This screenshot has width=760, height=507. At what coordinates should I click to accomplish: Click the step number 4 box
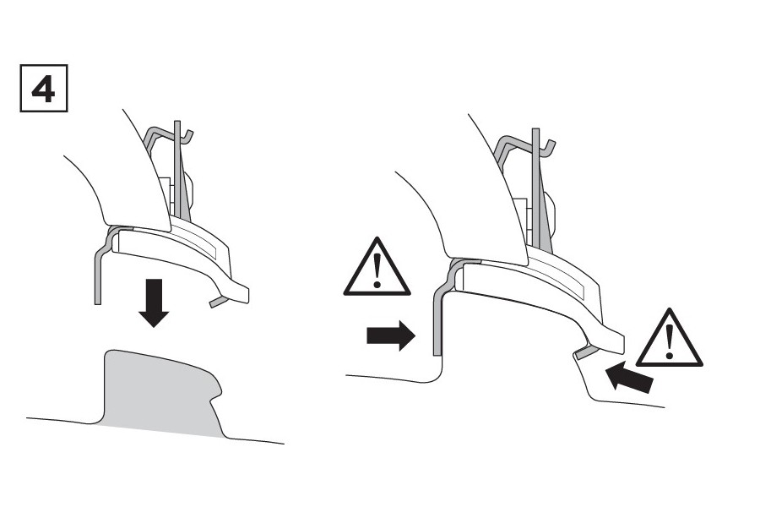point(44,88)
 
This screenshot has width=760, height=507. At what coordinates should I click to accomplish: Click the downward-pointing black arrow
point(154,303)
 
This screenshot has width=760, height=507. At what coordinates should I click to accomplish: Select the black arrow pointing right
point(391,335)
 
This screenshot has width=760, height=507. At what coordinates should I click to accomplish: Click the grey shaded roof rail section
point(160,392)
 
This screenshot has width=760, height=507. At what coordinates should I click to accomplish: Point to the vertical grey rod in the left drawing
point(177,169)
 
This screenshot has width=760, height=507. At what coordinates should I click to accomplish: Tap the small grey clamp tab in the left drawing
point(218,302)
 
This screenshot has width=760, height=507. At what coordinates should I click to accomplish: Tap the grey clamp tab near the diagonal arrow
point(584,352)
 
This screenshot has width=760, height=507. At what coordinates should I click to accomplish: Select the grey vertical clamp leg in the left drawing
point(97,275)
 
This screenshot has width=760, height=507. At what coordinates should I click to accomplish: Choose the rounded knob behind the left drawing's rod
point(189,190)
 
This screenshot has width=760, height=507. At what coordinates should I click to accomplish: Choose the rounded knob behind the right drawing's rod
point(549,212)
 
